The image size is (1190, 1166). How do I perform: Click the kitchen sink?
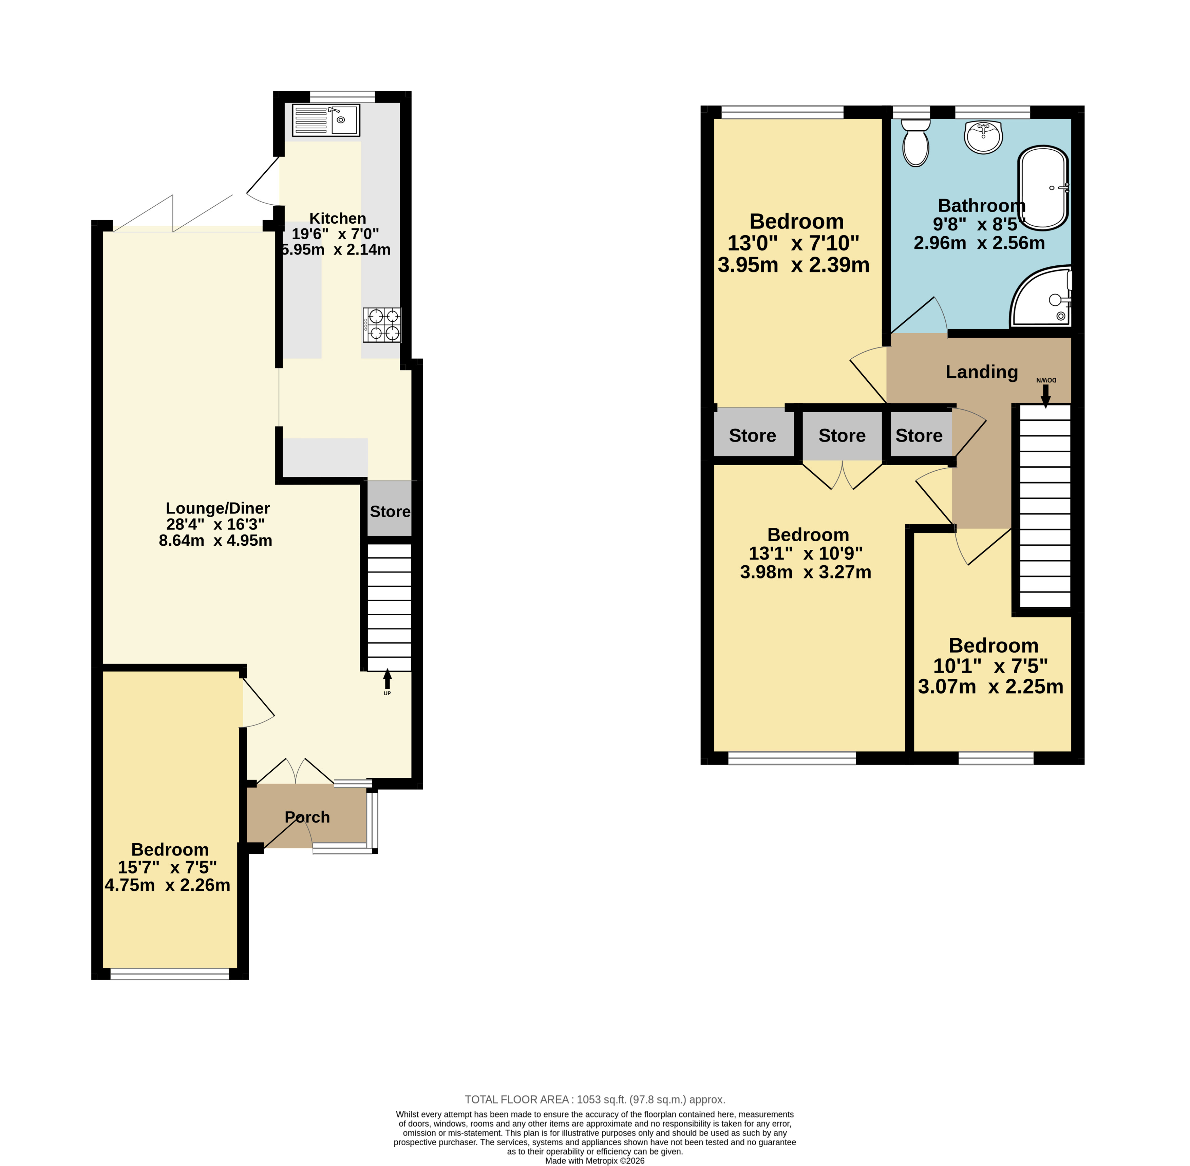pyautogui.click(x=326, y=120)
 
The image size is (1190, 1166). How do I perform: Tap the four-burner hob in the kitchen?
pyautogui.click(x=382, y=324)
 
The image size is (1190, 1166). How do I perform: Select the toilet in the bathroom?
pyautogui.click(x=915, y=143)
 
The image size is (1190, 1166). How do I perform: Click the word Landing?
pyautogui.click(x=981, y=372)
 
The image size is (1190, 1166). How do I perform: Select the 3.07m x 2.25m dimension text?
pyautogui.click(x=990, y=687)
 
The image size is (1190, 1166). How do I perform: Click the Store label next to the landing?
pyautogui.click(x=919, y=435)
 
